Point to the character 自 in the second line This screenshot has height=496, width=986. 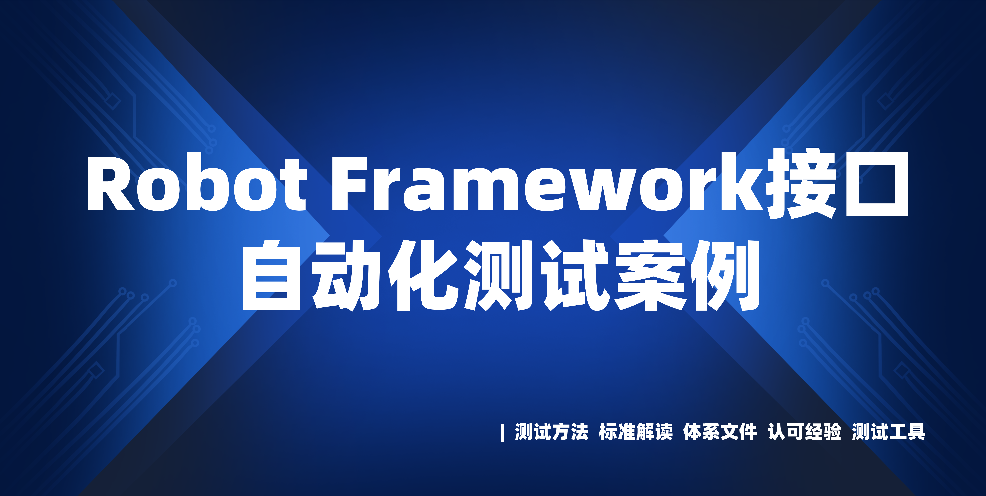(x=271, y=275)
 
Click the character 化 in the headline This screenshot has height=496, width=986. (x=423, y=275)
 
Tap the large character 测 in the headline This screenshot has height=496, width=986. (x=498, y=275)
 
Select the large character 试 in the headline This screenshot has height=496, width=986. (x=574, y=275)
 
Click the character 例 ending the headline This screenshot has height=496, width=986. (x=725, y=275)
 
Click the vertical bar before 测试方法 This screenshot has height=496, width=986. (x=502, y=433)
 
